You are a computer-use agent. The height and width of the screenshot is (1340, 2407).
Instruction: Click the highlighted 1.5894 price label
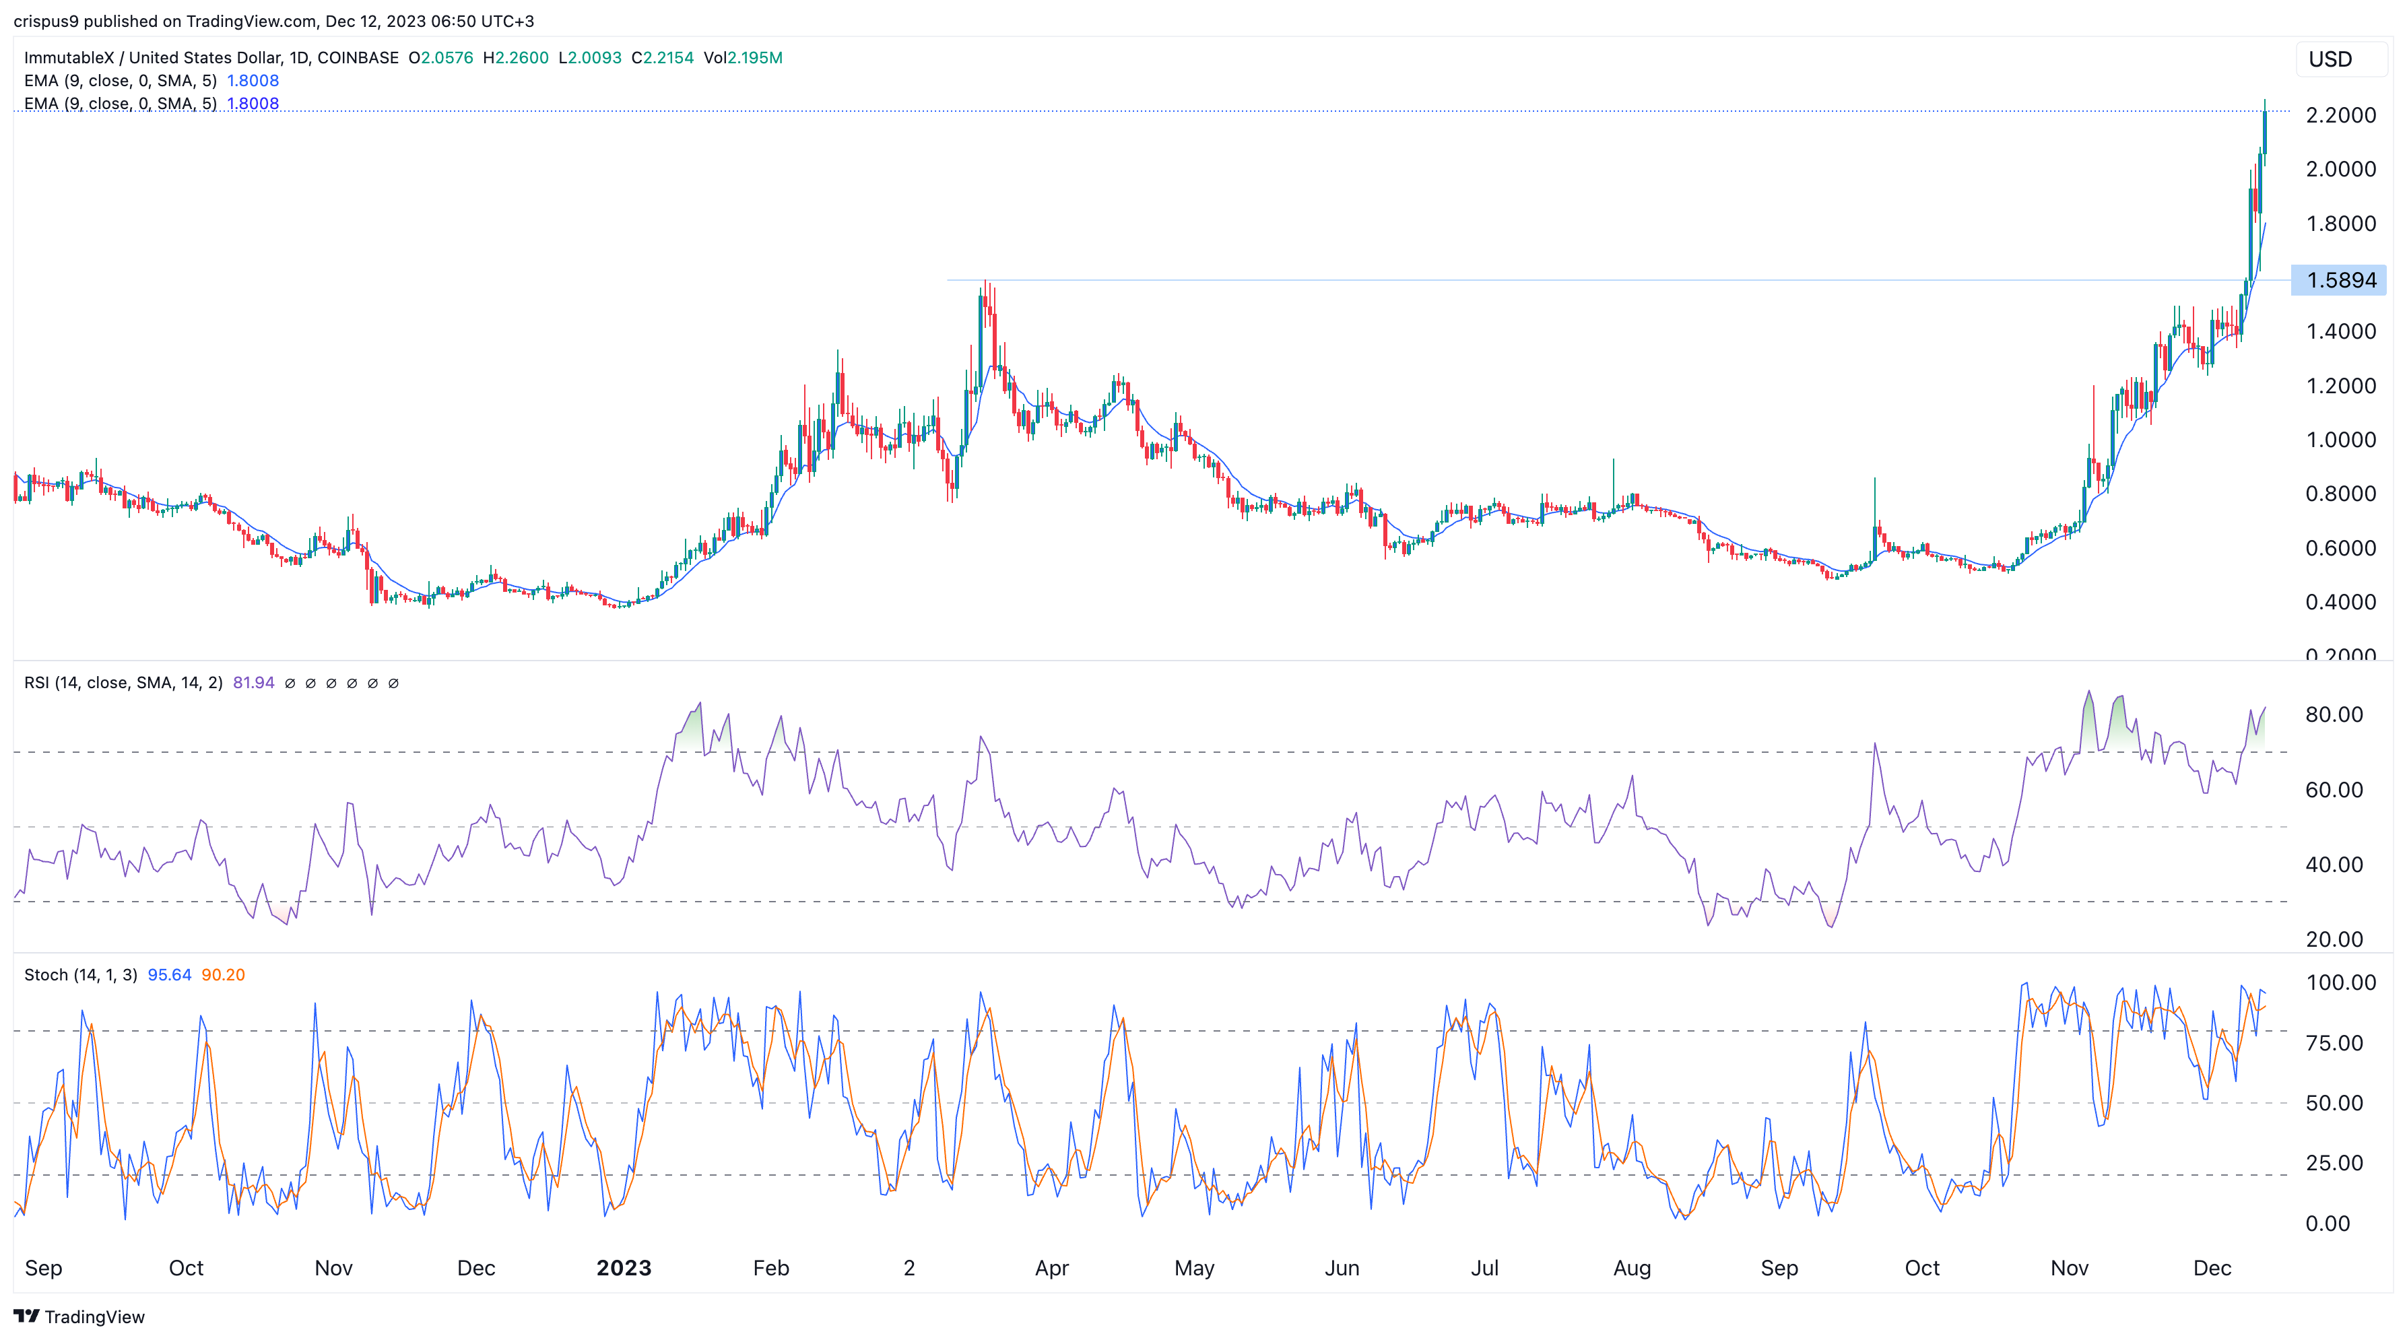(x=2340, y=280)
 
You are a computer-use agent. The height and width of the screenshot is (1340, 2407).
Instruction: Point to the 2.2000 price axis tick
(x=2340, y=115)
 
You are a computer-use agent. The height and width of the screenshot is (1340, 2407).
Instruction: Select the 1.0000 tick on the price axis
(x=2340, y=439)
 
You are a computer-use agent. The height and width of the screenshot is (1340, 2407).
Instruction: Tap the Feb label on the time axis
(x=771, y=1268)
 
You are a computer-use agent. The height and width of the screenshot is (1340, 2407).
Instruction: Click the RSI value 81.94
(x=253, y=683)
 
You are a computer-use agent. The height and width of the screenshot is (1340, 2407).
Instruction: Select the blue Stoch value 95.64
(x=169, y=974)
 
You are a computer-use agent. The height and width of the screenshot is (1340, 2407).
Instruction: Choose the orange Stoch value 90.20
(x=224, y=974)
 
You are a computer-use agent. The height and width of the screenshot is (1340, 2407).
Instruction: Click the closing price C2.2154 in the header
(x=663, y=58)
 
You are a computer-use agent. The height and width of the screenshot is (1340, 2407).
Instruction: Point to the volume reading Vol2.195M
(x=743, y=58)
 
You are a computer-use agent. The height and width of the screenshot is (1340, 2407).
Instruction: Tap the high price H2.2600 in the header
(x=516, y=58)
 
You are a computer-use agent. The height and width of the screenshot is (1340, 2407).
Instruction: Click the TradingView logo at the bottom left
(x=79, y=1316)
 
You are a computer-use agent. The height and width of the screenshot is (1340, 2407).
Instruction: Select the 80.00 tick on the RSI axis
(x=2333, y=715)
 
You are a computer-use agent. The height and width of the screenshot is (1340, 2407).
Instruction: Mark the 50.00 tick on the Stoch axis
(x=2333, y=1103)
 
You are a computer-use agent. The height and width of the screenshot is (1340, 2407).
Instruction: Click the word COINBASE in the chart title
(x=358, y=58)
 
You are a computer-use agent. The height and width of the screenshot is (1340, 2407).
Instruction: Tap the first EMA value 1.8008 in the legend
(x=253, y=80)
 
